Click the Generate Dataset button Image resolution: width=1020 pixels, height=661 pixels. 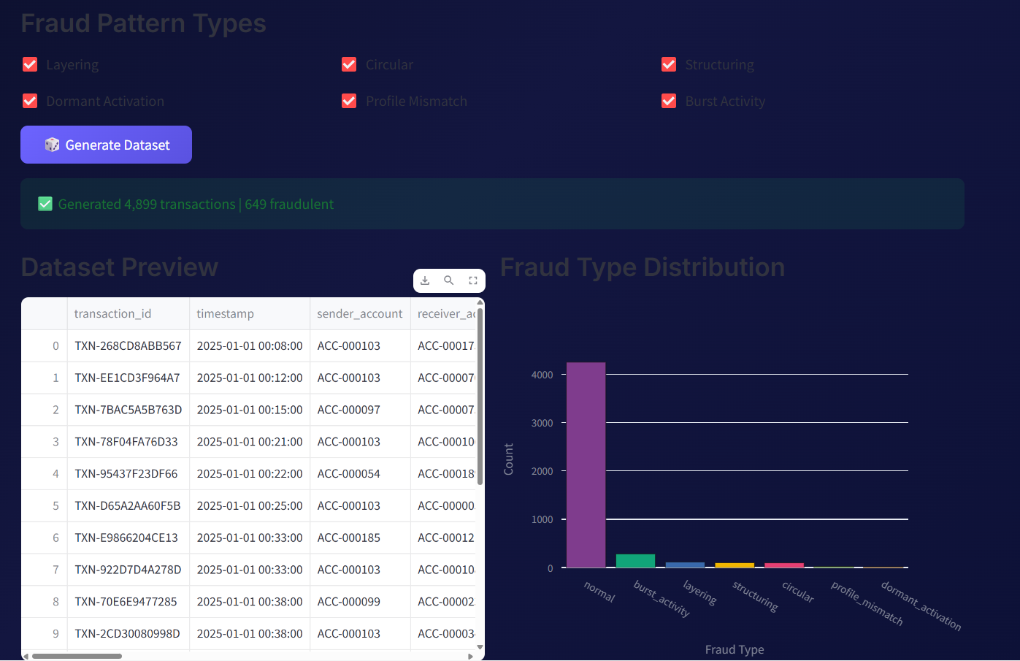(106, 145)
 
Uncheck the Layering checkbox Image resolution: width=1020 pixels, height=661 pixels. (30, 64)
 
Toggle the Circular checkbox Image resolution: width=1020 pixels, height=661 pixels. (349, 64)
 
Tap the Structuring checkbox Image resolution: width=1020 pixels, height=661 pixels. (669, 64)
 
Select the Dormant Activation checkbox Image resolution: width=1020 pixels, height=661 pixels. (30, 101)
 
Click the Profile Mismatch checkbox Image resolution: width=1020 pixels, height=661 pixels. (349, 101)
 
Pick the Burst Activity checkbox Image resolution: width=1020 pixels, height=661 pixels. (669, 101)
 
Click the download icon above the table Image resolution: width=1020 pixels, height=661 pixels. (425, 280)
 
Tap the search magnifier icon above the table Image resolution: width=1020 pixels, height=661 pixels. (449, 280)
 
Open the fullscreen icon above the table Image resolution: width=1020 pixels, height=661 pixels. (473, 280)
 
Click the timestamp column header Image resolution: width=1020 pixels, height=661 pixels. (226, 313)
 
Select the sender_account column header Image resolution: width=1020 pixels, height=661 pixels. (359, 313)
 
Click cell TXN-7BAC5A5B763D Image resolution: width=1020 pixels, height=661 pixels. (128, 410)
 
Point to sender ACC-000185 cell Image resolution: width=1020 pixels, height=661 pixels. (348, 538)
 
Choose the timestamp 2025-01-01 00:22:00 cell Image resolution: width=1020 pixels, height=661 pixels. (250, 473)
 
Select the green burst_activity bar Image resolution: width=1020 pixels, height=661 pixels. (635, 561)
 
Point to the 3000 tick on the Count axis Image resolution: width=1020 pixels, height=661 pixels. (542, 423)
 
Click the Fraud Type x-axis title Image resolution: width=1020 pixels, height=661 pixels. (735, 649)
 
